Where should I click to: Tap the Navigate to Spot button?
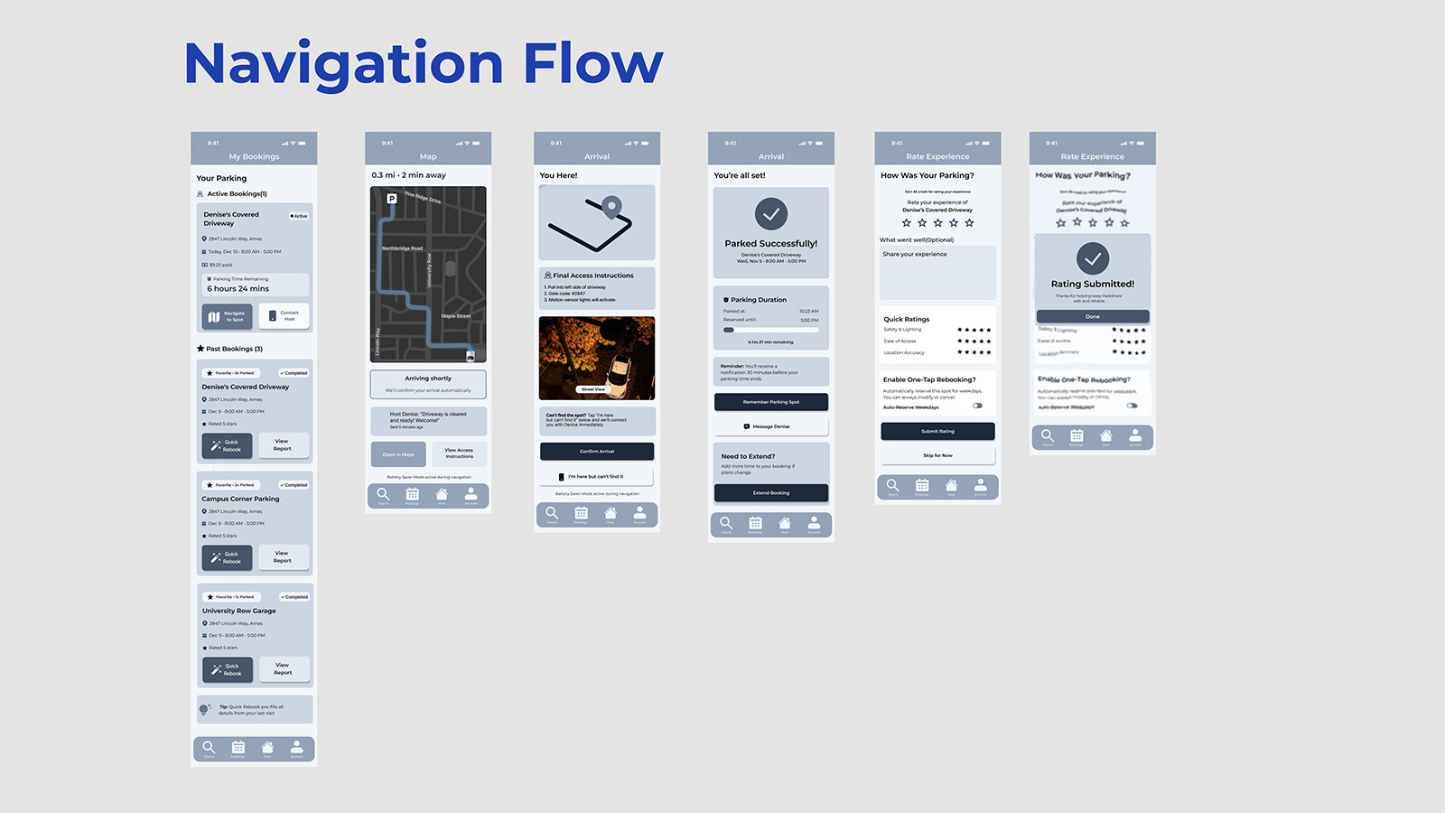click(227, 317)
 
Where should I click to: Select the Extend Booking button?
click(771, 493)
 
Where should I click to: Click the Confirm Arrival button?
click(597, 451)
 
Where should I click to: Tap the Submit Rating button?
click(937, 432)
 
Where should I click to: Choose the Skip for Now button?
click(937, 455)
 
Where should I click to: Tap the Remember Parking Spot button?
click(771, 402)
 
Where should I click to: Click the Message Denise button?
click(771, 426)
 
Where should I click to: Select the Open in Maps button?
click(398, 454)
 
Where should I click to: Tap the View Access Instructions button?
click(459, 453)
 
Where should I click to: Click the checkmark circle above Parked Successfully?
click(771, 214)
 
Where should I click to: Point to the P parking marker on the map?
click(392, 199)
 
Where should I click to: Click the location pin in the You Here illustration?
click(612, 208)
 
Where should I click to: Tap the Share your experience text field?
click(937, 273)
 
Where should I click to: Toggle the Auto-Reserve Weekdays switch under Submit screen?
click(977, 406)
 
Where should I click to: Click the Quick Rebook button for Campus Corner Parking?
click(227, 557)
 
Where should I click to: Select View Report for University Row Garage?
click(283, 668)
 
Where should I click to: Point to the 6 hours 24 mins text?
click(238, 289)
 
